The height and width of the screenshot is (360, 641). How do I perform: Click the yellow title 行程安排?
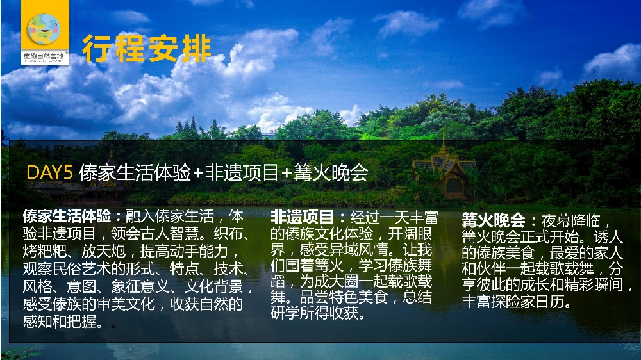147,49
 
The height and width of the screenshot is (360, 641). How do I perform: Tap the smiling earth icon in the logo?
44,29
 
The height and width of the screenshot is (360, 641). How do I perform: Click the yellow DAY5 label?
49,172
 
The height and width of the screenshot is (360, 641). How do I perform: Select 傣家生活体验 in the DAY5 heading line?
135,173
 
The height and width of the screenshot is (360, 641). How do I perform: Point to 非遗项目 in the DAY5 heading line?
242,173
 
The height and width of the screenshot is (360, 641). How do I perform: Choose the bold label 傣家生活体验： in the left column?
72,216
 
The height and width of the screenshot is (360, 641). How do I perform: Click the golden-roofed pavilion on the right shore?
444,172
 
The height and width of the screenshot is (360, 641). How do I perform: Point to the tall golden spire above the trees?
443,138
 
